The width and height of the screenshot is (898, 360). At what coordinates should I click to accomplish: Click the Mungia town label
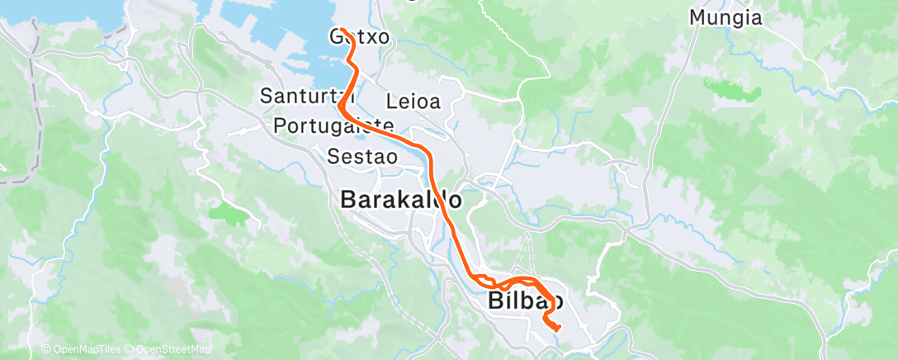[x=725, y=17]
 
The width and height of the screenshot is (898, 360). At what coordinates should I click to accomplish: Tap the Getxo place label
[x=359, y=37]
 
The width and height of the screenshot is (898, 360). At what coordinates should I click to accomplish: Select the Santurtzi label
[x=301, y=96]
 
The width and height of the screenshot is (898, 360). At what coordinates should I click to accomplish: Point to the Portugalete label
[x=333, y=126]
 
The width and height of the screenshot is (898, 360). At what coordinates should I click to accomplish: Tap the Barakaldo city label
[x=400, y=200]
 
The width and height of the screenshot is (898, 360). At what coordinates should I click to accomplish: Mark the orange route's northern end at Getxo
[x=341, y=30]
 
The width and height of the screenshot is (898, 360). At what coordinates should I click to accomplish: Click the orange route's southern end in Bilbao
[x=559, y=328]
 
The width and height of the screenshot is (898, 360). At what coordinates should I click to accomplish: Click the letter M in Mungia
[x=697, y=17]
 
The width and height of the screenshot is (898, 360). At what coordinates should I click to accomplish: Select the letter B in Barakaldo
[x=349, y=200]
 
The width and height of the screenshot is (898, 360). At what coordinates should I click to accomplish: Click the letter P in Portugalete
[x=278, y=126]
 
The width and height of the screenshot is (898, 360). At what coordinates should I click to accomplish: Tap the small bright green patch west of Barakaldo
[x=229, y=214]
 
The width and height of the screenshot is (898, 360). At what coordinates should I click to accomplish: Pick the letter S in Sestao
[x=333, y=155]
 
